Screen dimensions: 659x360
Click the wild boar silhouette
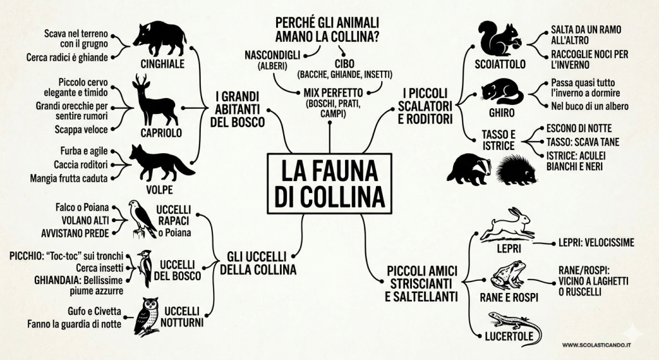(x=160, y=39)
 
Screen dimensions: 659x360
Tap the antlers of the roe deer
(x=141, y=80)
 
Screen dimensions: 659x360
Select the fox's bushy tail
(x=183, y=167)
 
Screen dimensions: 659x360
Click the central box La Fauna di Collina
(x=329, y=184)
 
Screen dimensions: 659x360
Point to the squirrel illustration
(x=500, y=39)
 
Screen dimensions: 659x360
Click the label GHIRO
(x=501, y=113)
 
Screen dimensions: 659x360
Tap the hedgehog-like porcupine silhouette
(x=517, y=169)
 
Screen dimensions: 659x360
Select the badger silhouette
(x=470, y=169)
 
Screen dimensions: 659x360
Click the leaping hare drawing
(x=508, y=223)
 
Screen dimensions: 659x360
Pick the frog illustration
(x=508, y=275)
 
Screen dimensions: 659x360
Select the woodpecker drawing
(x=145, y=268)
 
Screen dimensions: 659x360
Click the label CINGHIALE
(x=162, y=64)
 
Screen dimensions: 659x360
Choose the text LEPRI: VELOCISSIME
(x=596, y=243)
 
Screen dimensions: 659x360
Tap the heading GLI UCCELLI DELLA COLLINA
(x=258, y=263)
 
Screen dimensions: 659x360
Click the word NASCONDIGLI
(x=272, y=55)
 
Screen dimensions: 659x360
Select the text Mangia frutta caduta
(x=68, y=178)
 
